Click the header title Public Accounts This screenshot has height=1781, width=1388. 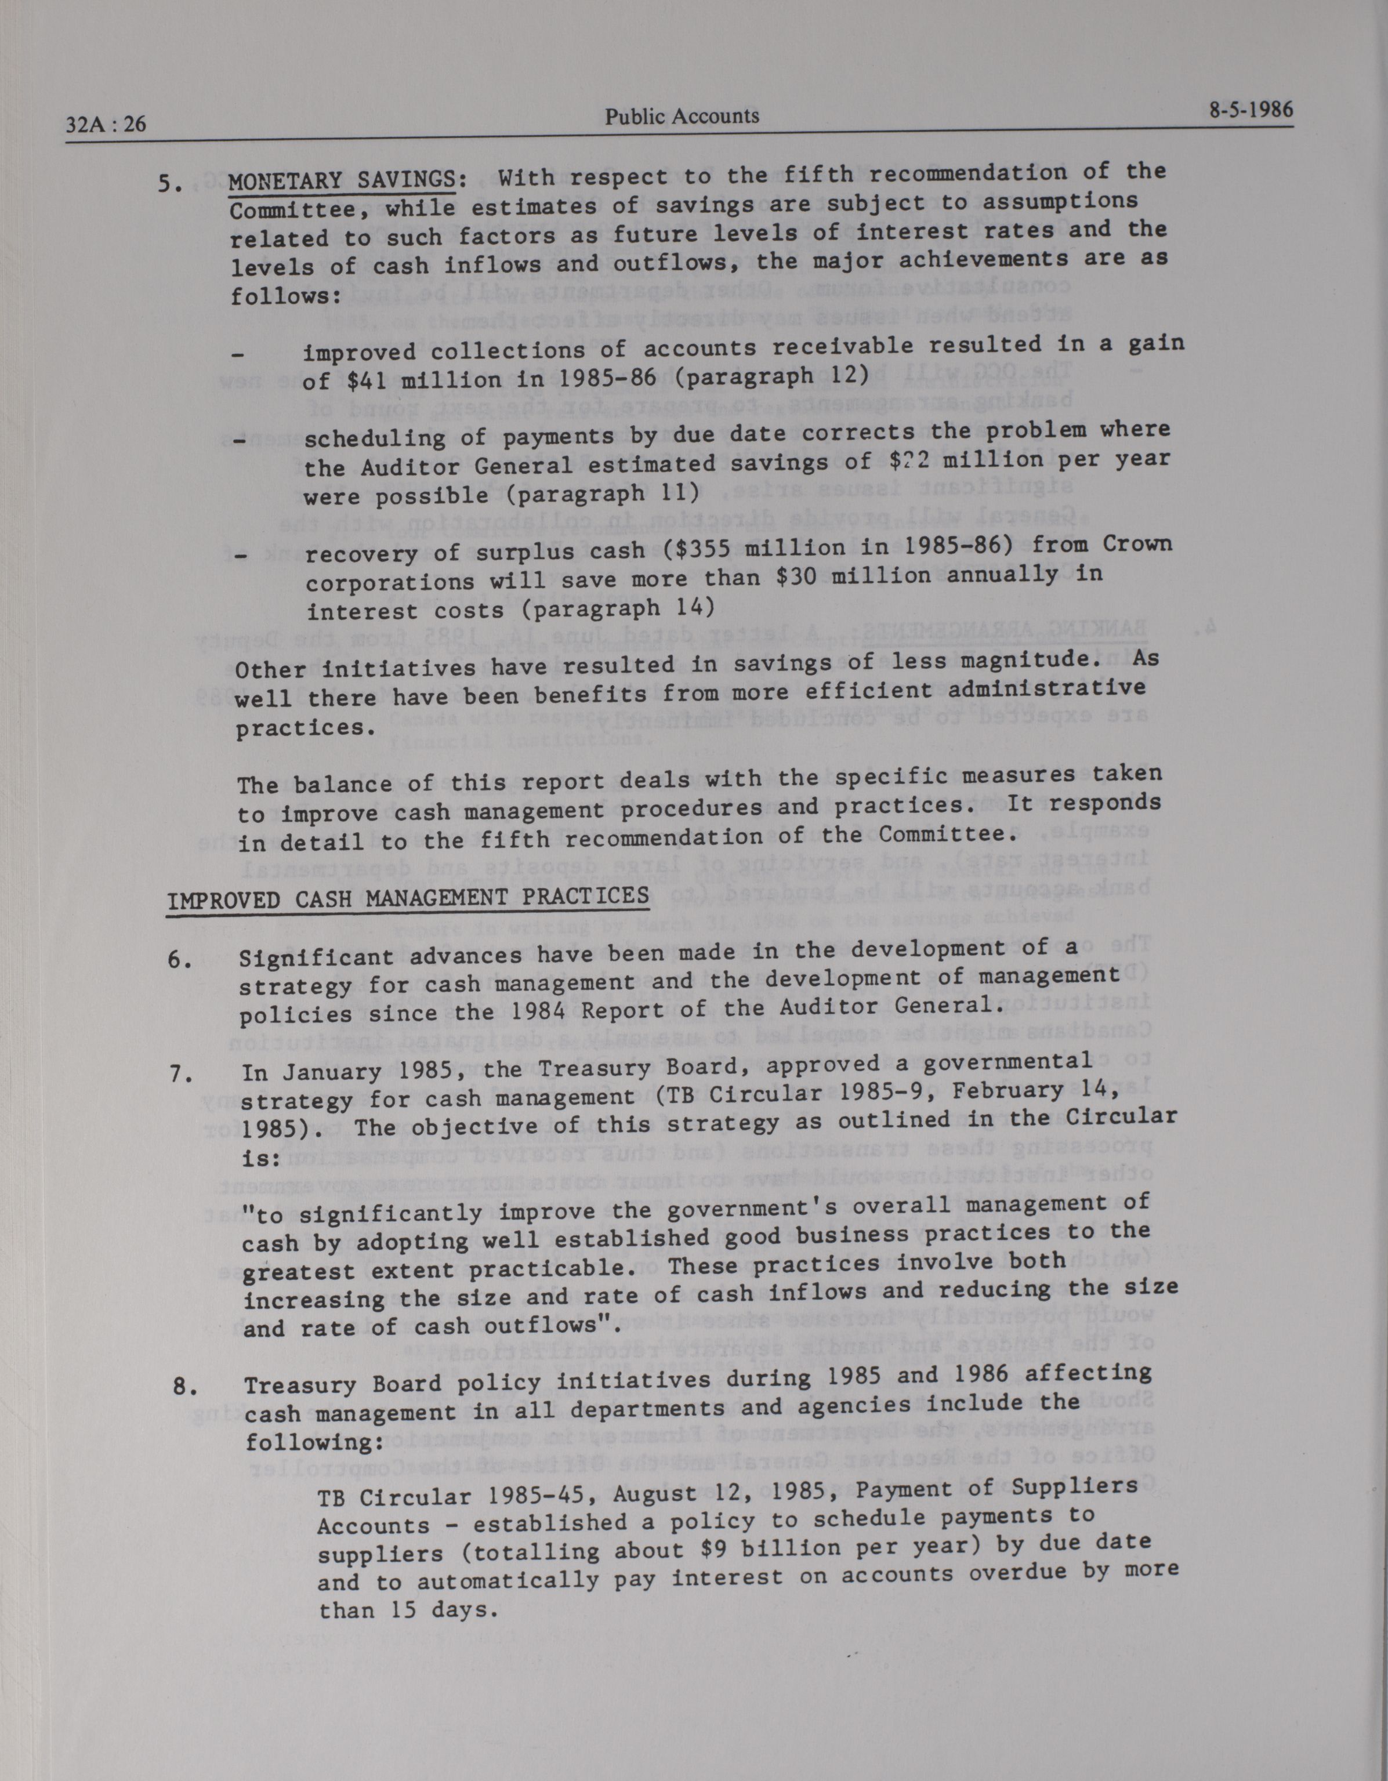coord(682,116)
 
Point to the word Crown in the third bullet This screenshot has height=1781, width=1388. coord(1136,542)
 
